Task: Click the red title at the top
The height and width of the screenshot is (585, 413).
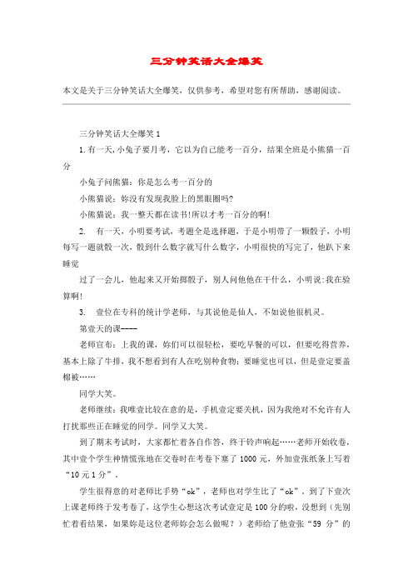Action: click(206, 61)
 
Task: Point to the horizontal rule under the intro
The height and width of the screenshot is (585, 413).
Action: click(206, 105)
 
